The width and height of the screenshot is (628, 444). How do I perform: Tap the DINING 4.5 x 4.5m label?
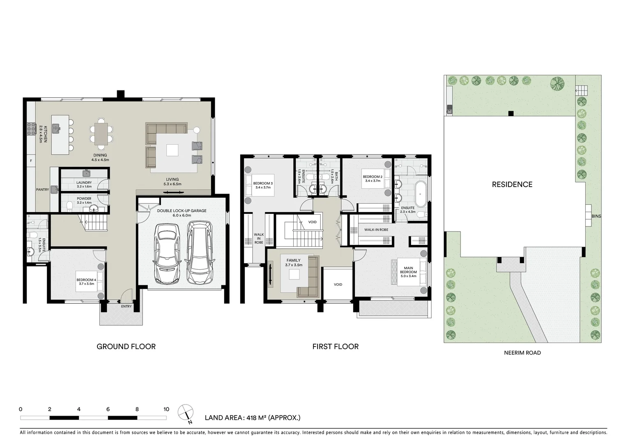(x=100, y=157)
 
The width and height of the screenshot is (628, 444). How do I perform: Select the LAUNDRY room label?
(x=84, y=184)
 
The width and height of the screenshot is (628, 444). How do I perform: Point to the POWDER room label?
(x=84, y=201)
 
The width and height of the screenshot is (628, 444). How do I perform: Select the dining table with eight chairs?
(x=101, y=134)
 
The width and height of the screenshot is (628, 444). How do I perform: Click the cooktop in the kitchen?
(x=31, y=129)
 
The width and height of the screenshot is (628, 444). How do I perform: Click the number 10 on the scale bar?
(x=166, y=409)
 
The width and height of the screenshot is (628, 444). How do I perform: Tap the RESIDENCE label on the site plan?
(x=512, y=185)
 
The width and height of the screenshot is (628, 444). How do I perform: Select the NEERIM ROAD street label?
(x=522, y=353)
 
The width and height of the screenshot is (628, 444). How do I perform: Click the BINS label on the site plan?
(x=596, y=216)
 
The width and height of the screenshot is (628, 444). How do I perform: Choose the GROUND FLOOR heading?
(x=126, y=347)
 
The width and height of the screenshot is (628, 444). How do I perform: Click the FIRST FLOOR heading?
(x=335, y=347)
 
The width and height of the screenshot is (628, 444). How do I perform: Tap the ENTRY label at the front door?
(x=126, y=306)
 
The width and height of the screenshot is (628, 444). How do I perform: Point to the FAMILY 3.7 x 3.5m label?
(x=293, y=263)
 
